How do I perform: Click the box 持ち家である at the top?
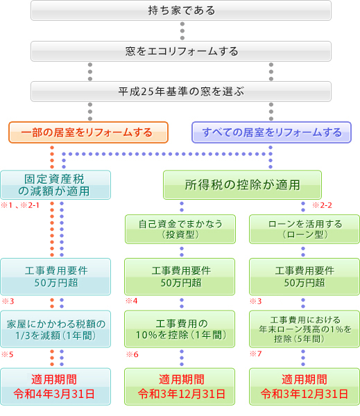click(x=181, y=10)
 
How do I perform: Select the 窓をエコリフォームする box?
click(x=181, y=51)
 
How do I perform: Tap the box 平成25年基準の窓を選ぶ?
click(x=181, y=92)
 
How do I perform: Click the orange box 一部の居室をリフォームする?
click(x=89, y=132)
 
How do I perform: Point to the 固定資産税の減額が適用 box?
click(x=55, y=184)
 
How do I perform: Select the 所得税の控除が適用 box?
click(x=242, y=185)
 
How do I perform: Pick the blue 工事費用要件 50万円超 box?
click(x=55, y=277)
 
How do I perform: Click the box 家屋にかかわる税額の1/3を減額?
click(x=55, y=329)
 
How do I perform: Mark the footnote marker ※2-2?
click(x=323, y=205)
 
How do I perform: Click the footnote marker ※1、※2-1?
click(x=21, y=205)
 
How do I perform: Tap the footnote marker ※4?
click(x=132, y=302)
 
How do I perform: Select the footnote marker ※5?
click(x=7, y=354)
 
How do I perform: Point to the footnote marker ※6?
click(x=132, y=354)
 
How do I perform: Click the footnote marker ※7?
click(x=256, y=354)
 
